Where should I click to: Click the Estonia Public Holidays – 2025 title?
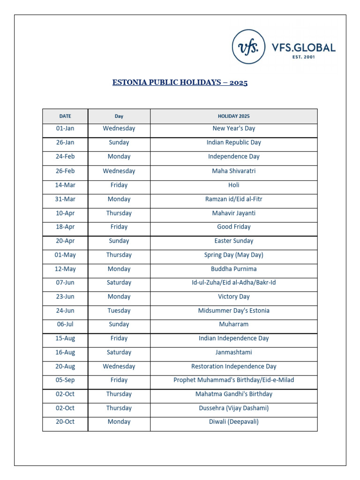180,83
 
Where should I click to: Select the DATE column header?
65,116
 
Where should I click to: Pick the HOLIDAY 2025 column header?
233,116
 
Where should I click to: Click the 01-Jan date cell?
65,128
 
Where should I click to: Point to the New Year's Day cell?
233,128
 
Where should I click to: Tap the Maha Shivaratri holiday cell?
233,171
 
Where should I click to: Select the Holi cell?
233,185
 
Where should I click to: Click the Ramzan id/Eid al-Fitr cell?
233,199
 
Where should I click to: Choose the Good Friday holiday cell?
233,227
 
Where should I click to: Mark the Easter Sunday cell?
233,241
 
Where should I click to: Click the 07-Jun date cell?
65,283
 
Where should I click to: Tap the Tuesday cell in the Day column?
119,310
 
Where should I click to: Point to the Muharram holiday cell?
233,324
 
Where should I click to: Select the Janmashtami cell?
233,352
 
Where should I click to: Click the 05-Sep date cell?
65,380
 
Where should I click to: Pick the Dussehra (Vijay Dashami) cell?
233,408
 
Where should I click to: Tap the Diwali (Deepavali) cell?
233,422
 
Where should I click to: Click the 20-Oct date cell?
65,422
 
